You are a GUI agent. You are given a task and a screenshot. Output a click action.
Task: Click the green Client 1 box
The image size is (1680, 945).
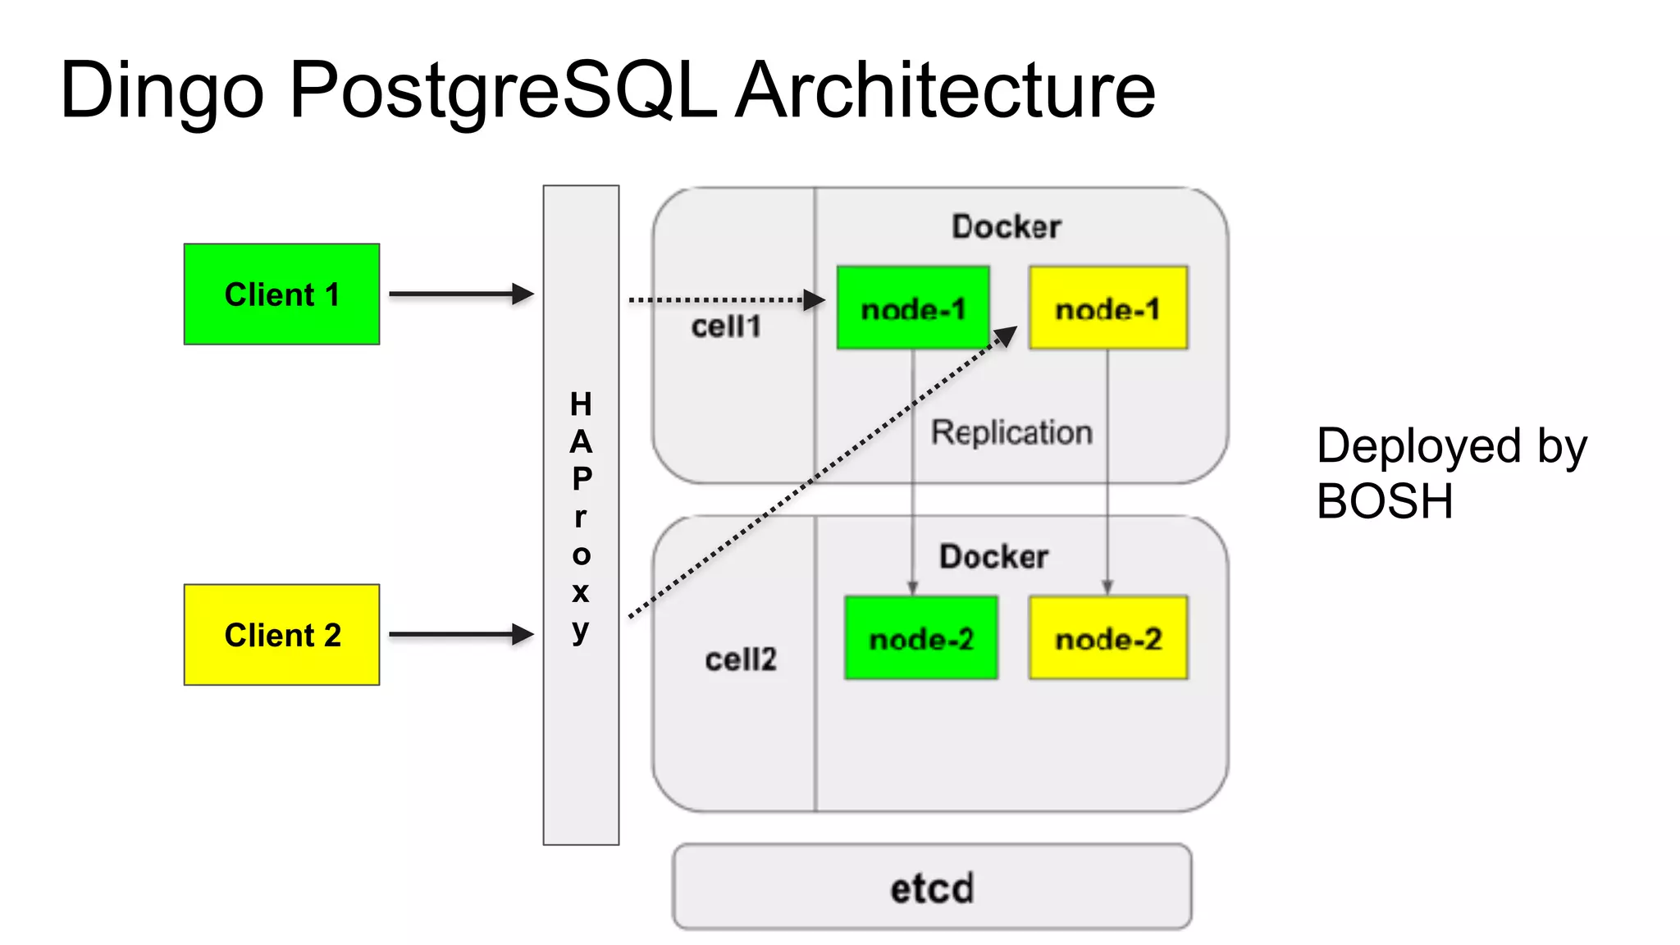click(x=281, y=294)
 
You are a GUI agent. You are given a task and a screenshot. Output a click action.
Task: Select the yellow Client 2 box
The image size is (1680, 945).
click(x=281, y=635)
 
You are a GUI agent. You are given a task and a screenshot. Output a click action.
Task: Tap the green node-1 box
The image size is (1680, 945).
click(x=912, y=308)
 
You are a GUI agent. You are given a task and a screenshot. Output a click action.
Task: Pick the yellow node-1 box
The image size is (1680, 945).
click(x=1107, y=308)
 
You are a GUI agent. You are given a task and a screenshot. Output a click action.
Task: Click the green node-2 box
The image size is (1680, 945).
click(x=920, y=638)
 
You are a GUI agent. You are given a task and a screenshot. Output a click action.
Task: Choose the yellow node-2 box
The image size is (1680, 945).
click(x=1107, y=638)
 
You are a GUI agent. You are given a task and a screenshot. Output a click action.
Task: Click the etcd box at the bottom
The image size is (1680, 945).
click(x=932, y=887)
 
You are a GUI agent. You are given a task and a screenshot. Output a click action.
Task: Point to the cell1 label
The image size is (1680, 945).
click(x=726, y=326)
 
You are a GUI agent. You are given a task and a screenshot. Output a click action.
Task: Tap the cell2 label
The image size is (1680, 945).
click(x=740, y=659)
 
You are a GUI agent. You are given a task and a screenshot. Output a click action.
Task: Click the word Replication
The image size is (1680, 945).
click(x=1011, y=432)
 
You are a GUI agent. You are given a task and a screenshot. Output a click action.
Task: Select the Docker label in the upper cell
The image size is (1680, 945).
click(x=1006, y=226)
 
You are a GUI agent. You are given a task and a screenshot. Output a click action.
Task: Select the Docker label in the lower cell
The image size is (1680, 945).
click(x=993, y=557)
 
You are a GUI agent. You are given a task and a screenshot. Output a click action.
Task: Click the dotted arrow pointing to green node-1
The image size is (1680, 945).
click(x=722, y=300)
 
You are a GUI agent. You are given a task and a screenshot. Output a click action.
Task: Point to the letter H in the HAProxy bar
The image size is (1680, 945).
click(x=581, y=404)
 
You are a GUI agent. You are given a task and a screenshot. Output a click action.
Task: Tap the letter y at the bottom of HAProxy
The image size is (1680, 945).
click(x=581, y=630)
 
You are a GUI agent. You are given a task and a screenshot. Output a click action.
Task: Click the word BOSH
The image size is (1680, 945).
click(x=1385, y=501)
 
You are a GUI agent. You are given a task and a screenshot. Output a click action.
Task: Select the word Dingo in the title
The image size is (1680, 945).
click(x=162, y=90)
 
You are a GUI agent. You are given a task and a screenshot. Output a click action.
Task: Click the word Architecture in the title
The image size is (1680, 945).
click(x=944, y=90)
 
